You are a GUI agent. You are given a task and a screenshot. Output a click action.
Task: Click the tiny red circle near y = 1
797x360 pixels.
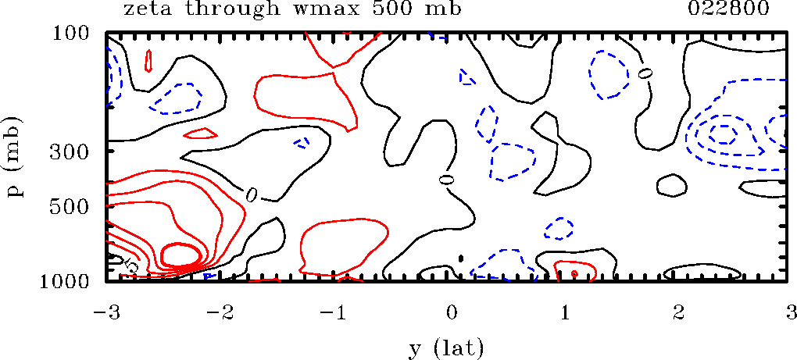click(574, 273)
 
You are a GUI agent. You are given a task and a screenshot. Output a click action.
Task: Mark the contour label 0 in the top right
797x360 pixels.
click(645, 73)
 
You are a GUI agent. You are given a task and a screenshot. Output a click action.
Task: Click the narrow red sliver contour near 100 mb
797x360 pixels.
click(148, 61)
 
